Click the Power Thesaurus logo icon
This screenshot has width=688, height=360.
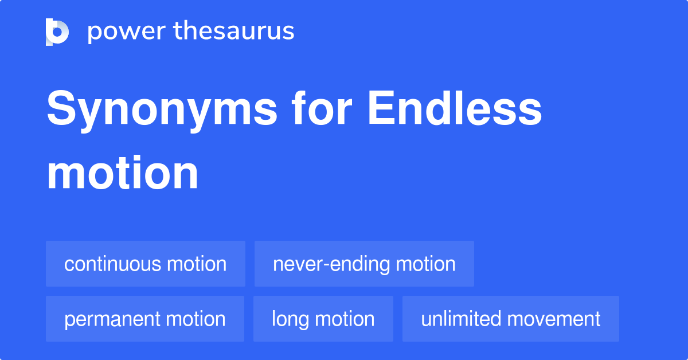pos(57,32)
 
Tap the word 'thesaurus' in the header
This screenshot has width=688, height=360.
pos(234,32)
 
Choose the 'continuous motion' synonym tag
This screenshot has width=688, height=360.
pos(146,264)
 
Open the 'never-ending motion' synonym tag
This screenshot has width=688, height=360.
pos(364,264)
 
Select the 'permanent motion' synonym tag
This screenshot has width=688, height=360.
pos(145,319)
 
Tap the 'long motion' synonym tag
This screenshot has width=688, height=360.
pos(323,319)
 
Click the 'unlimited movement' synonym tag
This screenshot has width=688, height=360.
pos(511,319)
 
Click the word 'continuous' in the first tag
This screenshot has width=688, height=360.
pos(112,264)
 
